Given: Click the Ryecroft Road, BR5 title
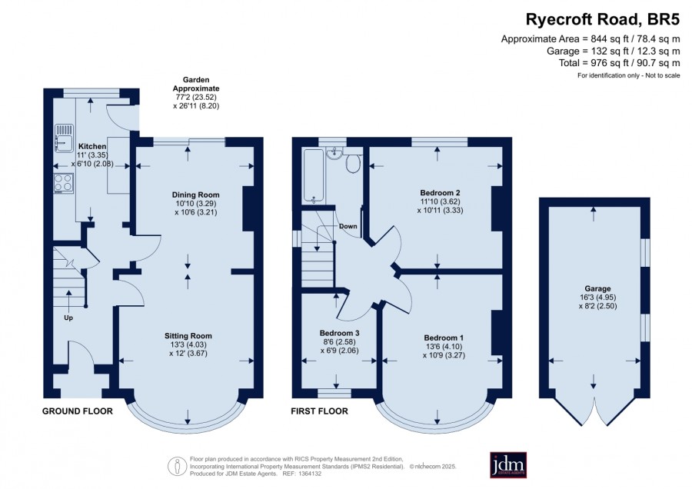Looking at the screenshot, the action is [602, 19].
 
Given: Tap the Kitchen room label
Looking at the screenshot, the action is [92, 146].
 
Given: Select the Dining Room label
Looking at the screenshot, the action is [195, 195].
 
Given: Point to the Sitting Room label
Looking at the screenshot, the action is [188, 336].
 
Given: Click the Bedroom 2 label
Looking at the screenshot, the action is [440, 193].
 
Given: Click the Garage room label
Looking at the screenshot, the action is [598, 288].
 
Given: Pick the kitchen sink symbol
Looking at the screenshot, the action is [64, 138].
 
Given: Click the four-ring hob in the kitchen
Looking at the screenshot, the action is [64, 183].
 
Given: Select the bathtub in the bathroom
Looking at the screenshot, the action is [313, 177].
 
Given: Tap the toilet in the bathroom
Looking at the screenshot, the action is [353, 161].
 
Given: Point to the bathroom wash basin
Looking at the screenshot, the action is [334, 153].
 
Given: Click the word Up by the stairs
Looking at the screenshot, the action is [68, 318].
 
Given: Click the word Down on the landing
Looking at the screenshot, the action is [348, 226].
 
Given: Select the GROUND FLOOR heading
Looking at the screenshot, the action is [78, 411].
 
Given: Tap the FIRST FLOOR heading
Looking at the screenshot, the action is [320, 411].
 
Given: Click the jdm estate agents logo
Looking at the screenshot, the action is [508, 464].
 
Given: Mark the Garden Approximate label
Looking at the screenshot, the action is [196, 85].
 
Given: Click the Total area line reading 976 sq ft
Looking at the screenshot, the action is [619, 63].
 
